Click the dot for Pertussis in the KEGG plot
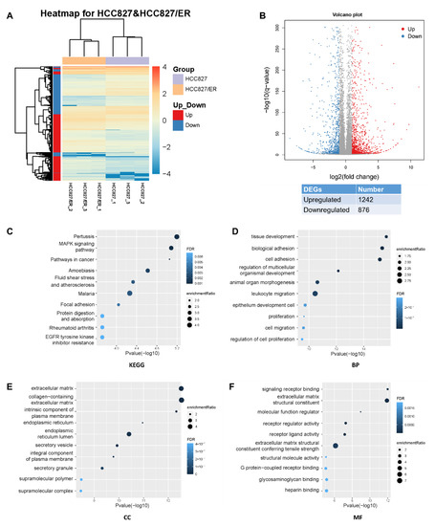coord(177,262)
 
